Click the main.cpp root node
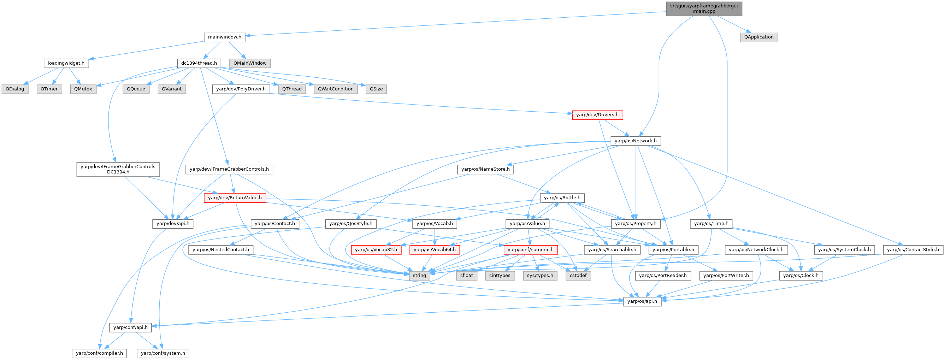pos(704,8)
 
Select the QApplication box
pos(758,37)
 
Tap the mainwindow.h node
pos(225,37)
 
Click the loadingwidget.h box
pos(66,63)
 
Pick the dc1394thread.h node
pos(199,63)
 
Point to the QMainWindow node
pos(250,63)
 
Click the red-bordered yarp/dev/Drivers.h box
pos(597,115)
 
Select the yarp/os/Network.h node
pos(636,141)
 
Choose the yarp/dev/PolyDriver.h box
pos(241,89)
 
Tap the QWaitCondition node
pos(336,89)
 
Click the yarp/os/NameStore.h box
pos(485,169)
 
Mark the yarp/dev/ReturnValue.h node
pos(235,198)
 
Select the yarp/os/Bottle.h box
pos(562,198)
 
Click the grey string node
pos(419,276)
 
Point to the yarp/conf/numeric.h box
pos(531,250)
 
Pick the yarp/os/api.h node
pos(642,302)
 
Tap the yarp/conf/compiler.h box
pos(99,353)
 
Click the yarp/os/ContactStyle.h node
pos(913,250)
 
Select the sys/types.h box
pos(540,276)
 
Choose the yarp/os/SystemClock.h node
pos(844,250)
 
